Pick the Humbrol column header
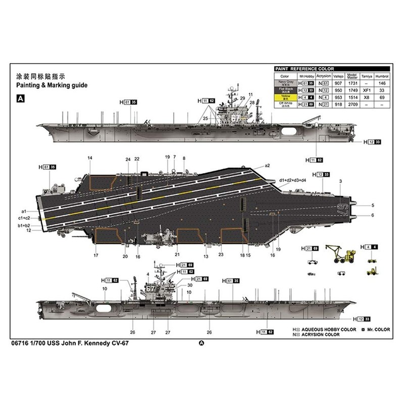[x=382, y=75]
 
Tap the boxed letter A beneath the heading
[x=21, y=99]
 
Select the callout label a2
[x=268, y=166]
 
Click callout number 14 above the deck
[x=90, y=159]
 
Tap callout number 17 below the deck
[x=95, y=256]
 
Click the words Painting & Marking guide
[x=52, y=86]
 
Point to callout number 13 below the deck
[x=206, y=256]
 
